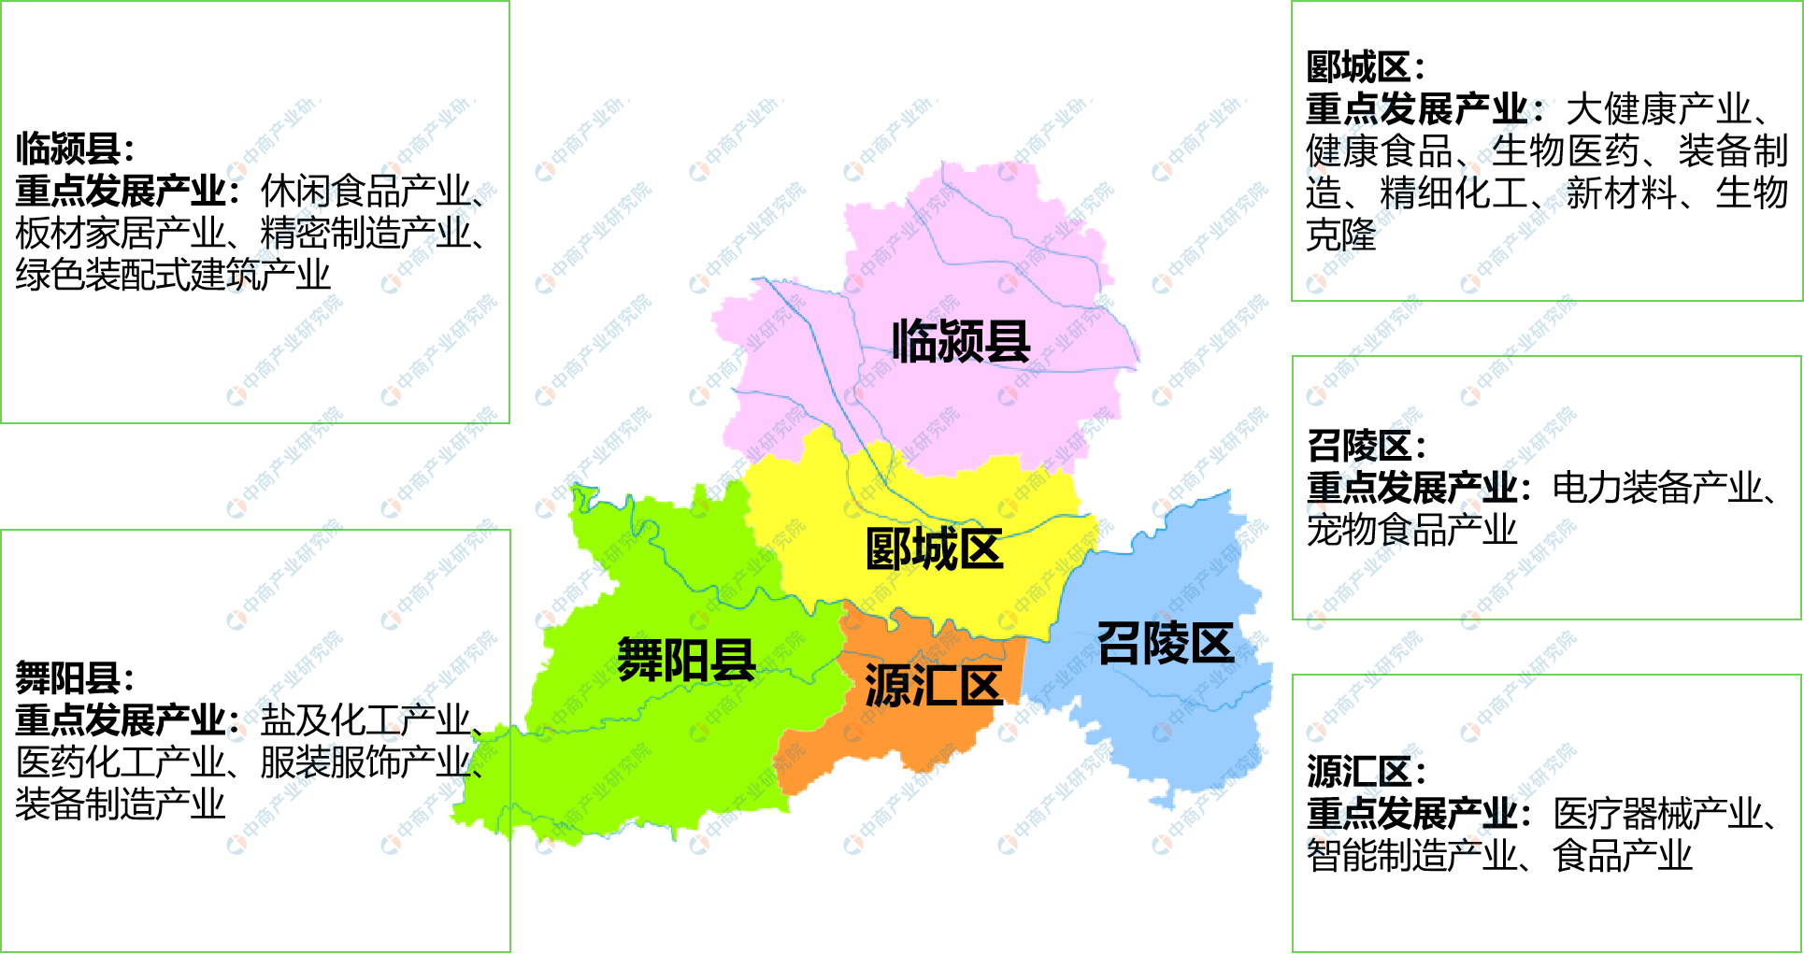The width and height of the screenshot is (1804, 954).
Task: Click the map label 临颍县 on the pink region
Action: (x=960, y=342)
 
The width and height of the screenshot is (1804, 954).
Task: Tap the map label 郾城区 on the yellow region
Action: (x=934, y=549)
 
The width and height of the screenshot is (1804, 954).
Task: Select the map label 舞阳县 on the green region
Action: (x=686, y=661)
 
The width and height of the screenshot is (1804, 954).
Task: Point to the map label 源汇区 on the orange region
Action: (x=933, y=686)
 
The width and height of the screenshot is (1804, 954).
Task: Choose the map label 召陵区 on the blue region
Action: (x=1165, y=644)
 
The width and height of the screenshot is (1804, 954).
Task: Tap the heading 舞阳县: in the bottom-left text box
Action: (x=75, y=678)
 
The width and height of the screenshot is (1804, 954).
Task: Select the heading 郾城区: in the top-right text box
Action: (x=1365, y=68)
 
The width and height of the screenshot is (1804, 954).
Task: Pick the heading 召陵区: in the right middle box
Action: (x=1366, y=447)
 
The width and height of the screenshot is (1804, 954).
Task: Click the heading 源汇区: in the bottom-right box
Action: (x=1366, y=773)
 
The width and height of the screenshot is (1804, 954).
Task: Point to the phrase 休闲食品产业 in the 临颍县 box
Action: (x=365, y=192)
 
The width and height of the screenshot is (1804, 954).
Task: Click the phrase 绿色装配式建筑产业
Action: (x=173, y=276)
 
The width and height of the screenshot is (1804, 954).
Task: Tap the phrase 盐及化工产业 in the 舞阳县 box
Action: (x=365, y=720)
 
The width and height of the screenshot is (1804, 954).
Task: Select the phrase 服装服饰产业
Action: (x=365, y=762)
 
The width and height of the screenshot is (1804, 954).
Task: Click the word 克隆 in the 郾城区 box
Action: (x=1341, y=235)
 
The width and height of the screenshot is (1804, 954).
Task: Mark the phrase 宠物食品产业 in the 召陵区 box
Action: (x=1411, y=530)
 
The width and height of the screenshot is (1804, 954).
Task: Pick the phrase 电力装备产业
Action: (x=1657, y=488)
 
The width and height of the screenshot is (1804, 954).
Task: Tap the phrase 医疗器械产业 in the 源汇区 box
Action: (x=1657, y=814)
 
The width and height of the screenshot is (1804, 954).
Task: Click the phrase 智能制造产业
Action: (x=1411, y=856)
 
